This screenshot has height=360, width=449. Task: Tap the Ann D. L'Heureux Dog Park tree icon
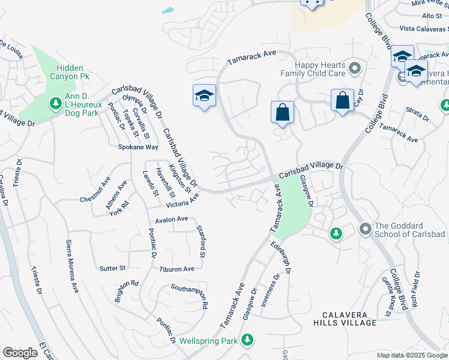coord(55,104)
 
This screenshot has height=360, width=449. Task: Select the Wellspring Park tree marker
coord(247,341)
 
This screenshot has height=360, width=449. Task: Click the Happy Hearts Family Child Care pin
coord(354,67)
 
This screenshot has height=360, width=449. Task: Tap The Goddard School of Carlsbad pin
coord(365,229)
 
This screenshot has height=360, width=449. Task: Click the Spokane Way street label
coord(137,147)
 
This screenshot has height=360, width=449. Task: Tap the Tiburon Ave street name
coord(177,269)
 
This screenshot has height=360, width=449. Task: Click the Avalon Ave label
coord(172,220)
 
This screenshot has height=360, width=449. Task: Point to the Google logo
coord(20,353)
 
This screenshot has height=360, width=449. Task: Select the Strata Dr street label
coord(417,115)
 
